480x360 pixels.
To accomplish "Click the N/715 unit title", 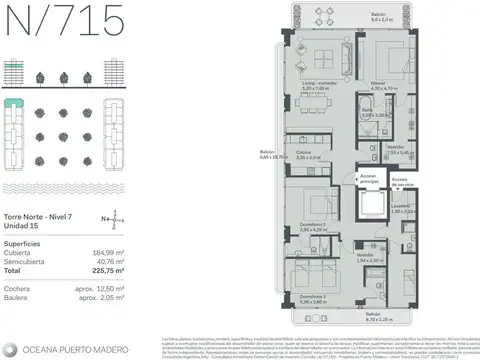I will coord(63,19).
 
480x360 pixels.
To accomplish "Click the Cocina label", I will coord(307,154).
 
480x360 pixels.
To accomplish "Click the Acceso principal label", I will coord(369,180).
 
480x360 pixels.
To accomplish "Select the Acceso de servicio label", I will coord(400,180).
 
